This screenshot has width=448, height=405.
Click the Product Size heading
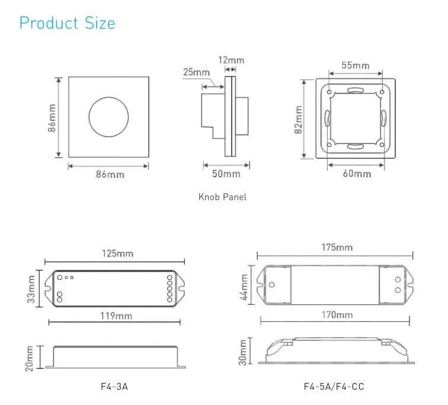(68, 23)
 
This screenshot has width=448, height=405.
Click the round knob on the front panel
(108, 117)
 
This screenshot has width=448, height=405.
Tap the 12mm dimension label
(231, 60)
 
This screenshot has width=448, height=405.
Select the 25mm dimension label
(196, 72)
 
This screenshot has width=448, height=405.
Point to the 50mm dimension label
(226, 174)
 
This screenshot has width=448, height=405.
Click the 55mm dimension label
(356, 65)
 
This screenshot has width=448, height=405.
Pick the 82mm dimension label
(299, 119)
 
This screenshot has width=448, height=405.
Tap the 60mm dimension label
(357, 174)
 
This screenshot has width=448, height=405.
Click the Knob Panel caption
(222, 197)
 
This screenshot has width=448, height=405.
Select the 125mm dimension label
(118, 254)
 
